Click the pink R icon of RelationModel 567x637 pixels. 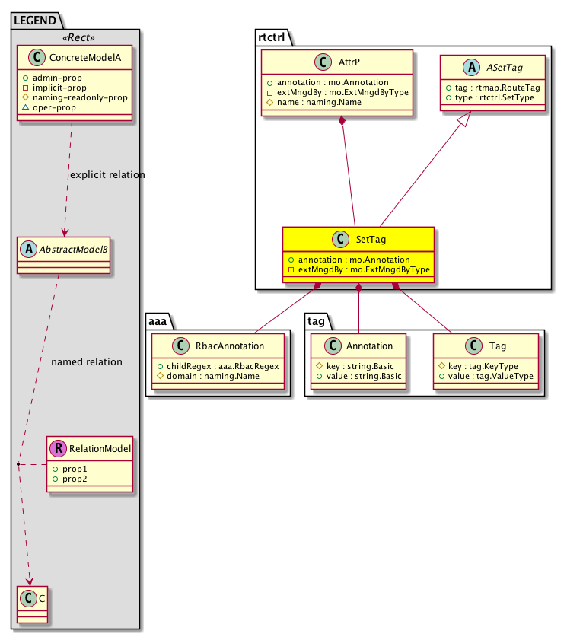tap(58, 448)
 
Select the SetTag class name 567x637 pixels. tap(371, 240)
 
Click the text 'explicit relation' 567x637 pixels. tap(107, 175)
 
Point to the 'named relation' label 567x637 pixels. tap(87, 362)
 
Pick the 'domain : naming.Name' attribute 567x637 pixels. tap(213, 377)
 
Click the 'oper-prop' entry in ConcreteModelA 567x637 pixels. tap(55, 108)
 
